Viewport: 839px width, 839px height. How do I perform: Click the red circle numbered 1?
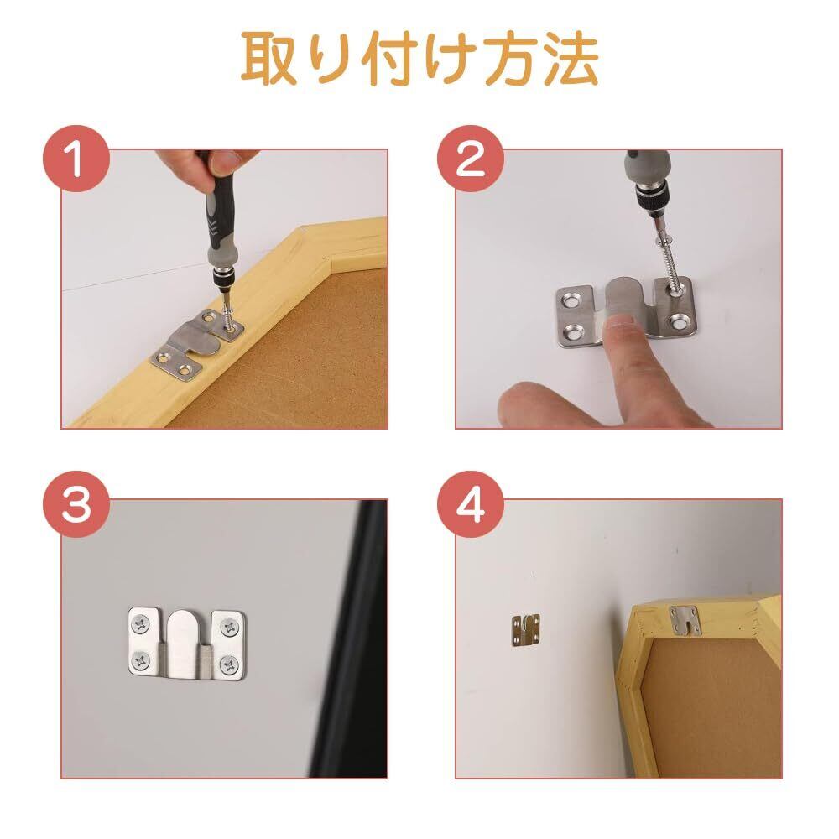[76, 159]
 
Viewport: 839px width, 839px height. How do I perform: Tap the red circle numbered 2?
[471, 159]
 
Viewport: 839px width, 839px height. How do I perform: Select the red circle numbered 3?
[76, 504]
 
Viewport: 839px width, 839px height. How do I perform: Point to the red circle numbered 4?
[471, 504]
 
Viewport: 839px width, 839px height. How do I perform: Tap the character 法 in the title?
[571, 59]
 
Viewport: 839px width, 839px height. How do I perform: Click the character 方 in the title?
[510, 59]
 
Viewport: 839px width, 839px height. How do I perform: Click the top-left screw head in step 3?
[141, 624]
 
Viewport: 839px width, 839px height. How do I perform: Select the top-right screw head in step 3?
[230, 627]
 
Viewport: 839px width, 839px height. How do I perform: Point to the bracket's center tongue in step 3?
[185, 644]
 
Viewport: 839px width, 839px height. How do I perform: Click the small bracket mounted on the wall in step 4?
[526, 631]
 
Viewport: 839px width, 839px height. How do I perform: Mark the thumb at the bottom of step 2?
[535, 404]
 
